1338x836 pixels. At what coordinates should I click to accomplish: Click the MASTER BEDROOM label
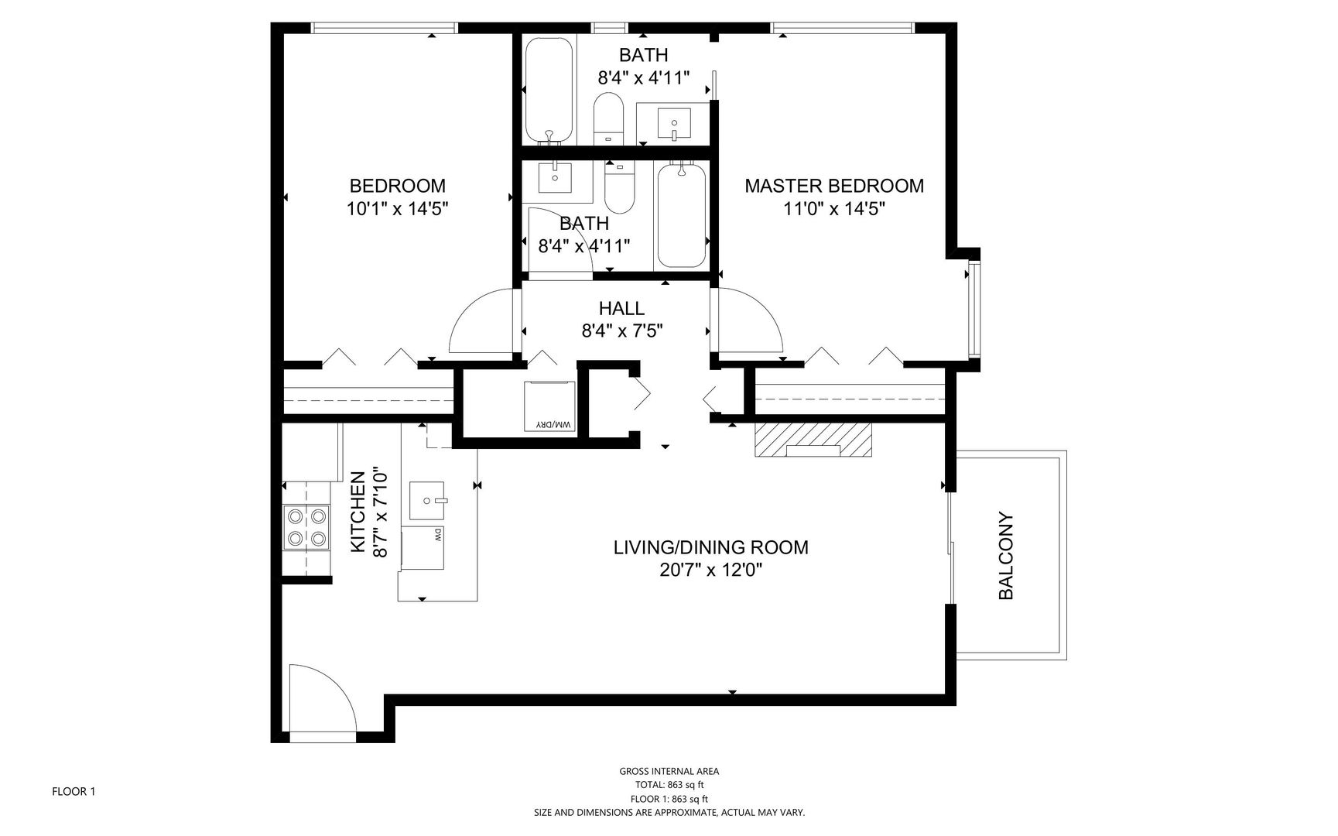click(833, 186)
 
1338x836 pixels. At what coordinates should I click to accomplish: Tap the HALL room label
click(621, 309)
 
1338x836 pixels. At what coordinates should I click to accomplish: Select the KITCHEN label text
click(358, 512)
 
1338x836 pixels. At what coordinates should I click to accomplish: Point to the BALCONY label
click(1005, 556)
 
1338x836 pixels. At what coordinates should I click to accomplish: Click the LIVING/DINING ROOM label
click(710, 548)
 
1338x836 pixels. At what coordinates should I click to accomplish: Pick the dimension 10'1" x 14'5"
click(398, 208)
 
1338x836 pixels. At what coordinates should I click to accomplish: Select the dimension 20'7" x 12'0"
click(710, 570)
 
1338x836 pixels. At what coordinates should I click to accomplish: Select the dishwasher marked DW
click(423, 548)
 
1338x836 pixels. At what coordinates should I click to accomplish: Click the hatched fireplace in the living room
click(813, 440)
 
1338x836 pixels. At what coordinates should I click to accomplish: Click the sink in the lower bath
click(555, 177)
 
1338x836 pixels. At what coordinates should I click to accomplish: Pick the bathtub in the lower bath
click(681, 215)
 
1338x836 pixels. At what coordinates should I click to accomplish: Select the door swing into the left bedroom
click(481, 321)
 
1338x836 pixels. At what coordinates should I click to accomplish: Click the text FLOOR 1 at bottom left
click(74, 792)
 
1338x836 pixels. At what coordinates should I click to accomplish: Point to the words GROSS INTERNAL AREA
click(669, 771)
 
